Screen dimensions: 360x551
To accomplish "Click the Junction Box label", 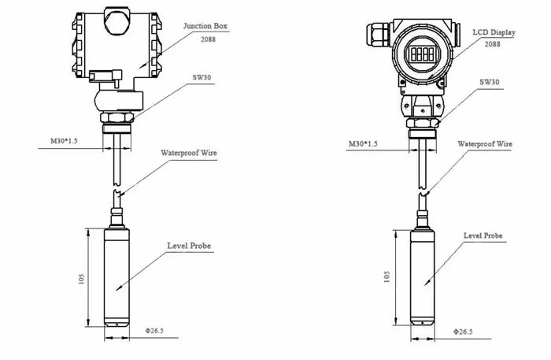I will tap(205, 26).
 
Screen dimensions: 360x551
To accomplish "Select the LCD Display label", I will tap(494, 32).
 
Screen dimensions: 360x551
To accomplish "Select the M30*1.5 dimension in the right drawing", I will tap(363, 144).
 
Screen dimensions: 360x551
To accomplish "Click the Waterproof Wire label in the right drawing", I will tap(485, 145).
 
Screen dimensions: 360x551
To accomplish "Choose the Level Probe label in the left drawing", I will tap(189, 246).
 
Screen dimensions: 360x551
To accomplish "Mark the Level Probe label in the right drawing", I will tap(483, 236).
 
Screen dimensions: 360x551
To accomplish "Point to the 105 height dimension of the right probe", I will tap(386, 276).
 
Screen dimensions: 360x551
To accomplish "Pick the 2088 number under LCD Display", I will tap(493, 44).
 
